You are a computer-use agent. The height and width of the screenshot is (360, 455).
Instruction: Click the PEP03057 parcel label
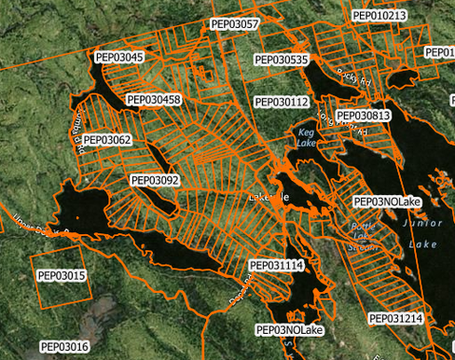235,24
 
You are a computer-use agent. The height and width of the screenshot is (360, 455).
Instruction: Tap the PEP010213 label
379,16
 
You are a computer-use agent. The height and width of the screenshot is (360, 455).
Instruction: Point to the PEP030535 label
283,60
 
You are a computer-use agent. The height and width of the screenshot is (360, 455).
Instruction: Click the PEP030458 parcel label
154,99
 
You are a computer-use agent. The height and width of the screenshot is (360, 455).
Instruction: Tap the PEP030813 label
363,116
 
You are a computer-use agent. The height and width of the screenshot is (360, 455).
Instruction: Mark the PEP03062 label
107,140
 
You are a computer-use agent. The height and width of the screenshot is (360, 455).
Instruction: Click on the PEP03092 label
155,180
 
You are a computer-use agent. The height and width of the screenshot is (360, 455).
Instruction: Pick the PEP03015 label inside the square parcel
62,276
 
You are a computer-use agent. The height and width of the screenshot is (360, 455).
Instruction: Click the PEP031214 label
396,319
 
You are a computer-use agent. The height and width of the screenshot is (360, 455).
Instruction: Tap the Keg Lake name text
307,137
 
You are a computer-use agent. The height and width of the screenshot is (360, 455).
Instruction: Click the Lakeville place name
271,199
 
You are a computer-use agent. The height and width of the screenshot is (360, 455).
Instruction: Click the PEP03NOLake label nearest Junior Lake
388,201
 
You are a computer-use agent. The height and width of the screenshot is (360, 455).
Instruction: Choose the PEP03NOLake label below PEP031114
289,330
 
